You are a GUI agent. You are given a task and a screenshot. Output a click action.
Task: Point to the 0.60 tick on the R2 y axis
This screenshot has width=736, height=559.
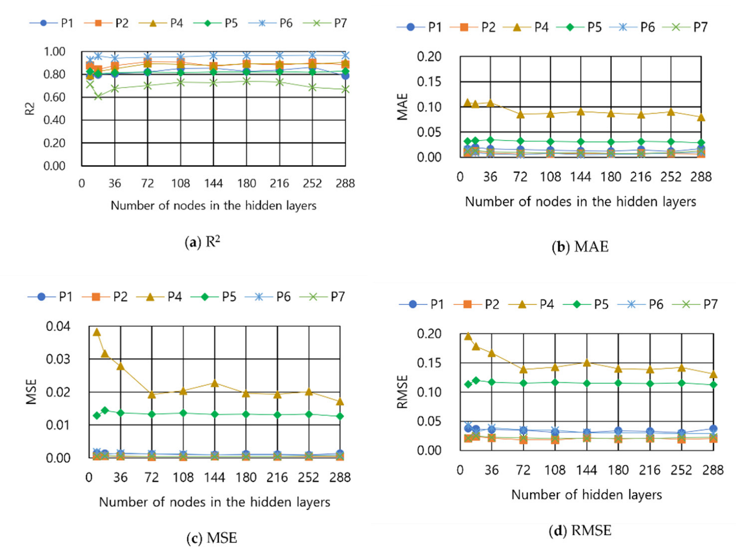[54, 97]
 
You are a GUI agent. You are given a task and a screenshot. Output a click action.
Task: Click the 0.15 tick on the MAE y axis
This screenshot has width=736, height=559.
[429, 81]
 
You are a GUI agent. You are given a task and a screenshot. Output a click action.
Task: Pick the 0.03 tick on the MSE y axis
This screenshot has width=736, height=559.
[58, 359]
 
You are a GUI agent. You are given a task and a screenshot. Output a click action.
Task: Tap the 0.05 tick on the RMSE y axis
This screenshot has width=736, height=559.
[429, 422]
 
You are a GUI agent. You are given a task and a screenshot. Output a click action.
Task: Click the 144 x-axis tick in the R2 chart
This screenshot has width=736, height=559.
[213, 183]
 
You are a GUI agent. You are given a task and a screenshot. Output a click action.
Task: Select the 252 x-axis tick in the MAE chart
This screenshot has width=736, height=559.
[671, 177]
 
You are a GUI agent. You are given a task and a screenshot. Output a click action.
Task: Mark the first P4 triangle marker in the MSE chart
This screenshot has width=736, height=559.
[97, 332]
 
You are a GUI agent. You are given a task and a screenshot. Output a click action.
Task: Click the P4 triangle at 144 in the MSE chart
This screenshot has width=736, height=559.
[215, 383]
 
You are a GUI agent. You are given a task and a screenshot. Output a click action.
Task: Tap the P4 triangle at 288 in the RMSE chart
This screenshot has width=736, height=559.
[714, 374]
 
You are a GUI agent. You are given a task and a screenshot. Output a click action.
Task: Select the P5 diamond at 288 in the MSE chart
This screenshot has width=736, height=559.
[340, 416]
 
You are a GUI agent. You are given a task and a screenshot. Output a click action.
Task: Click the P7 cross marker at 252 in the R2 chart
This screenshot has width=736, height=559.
[313, 88]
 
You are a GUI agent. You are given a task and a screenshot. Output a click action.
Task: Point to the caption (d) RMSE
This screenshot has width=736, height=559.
[580, 531]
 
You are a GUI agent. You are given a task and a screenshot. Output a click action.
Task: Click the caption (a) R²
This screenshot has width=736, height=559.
[202, 242]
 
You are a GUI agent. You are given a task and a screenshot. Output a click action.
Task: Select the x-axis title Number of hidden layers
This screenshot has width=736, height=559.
[586, 495]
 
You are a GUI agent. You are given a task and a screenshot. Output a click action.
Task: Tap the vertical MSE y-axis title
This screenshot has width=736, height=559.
[32, 392]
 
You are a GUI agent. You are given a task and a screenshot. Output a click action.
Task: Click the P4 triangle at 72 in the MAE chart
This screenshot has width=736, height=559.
[521, 115]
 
